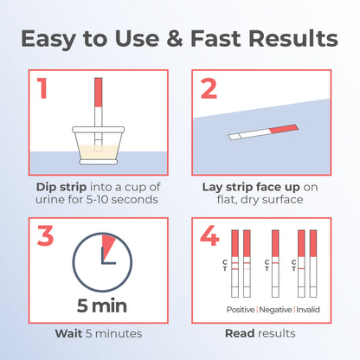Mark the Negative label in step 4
tap(274, 309)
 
